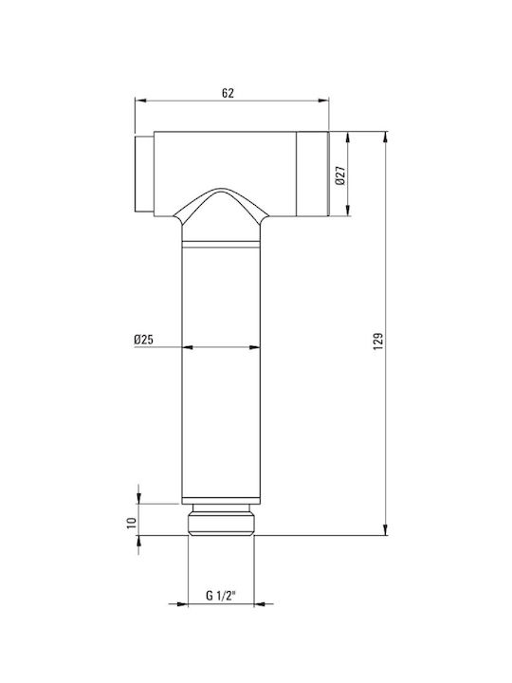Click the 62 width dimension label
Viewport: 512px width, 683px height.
point(228,93)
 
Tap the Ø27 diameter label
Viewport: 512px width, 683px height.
point(340,175)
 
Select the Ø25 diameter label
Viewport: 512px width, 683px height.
point(144,340)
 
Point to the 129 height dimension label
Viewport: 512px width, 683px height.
point(378,341)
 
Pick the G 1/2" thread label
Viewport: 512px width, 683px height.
point(221,595)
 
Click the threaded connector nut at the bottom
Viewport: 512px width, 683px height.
point(221,524)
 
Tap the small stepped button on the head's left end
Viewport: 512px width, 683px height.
point(144,174)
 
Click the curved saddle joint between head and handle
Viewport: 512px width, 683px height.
point(221,205)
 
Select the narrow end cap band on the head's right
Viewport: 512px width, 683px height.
point(312,174)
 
